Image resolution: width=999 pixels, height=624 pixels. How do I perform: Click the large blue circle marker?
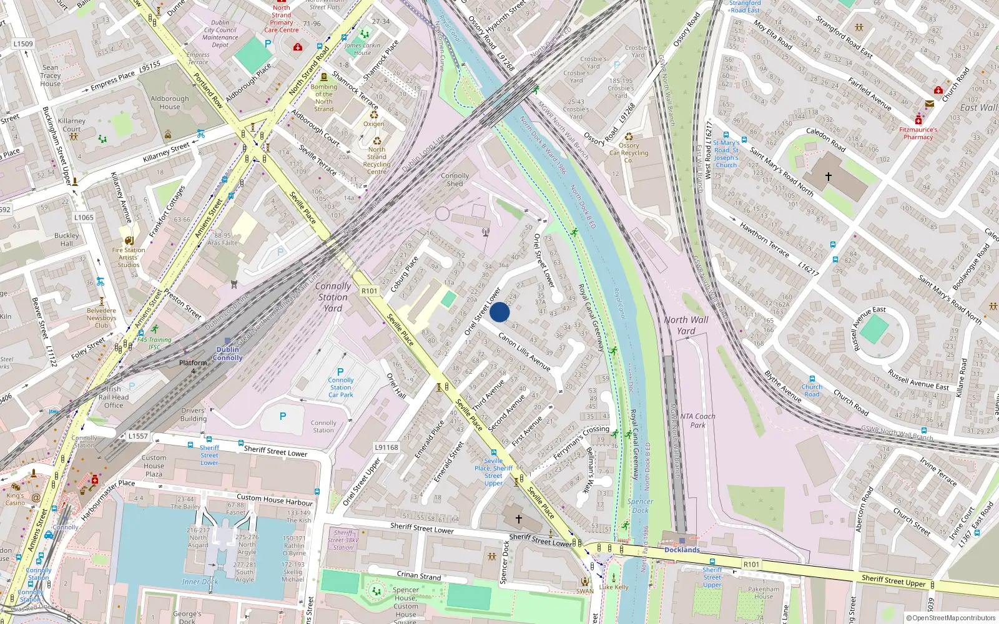pos(499,312)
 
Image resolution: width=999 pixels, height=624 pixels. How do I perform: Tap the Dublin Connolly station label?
pos(228,354)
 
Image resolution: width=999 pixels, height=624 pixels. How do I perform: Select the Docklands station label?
pos(682,550)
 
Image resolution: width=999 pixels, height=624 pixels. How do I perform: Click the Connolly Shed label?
pos(455,180)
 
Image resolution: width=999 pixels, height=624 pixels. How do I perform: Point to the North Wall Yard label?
pos(686,325)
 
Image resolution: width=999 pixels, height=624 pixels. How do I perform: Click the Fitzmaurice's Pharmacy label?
pos(918,133)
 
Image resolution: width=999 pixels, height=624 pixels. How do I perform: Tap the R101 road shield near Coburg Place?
pos(369,291)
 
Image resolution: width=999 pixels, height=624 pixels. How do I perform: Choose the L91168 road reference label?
pos(386,447)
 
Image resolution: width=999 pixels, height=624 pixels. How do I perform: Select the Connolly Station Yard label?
pos(333,297)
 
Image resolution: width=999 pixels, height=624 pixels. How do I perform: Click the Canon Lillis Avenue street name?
pos(524,351)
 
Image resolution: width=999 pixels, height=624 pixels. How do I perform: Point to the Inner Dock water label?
pos(200,582)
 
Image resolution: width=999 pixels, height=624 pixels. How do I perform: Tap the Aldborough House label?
pos(169,102)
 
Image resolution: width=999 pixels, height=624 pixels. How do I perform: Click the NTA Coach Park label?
pos(698,421)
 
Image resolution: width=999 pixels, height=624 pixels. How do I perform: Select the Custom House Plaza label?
pos(154,466)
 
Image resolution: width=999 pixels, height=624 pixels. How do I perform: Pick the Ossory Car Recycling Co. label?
pos(629,152)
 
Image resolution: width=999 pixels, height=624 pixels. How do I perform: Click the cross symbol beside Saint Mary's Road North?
pos(829,177)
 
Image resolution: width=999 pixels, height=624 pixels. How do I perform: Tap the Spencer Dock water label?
pos(640,505)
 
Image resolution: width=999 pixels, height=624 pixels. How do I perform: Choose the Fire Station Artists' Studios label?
pos(129,257)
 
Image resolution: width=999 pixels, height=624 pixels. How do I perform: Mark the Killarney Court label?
pos(72,125)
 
